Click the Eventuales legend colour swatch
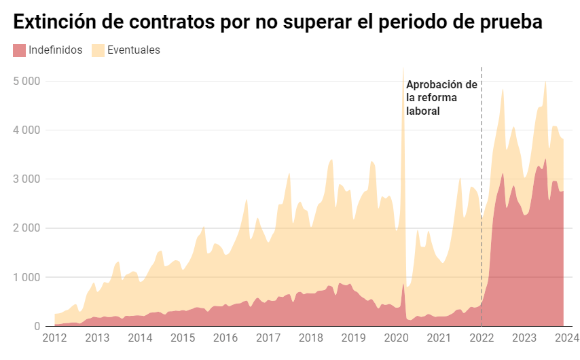pyautogui.click(x=98, y=50)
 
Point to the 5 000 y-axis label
pyautogui.click(x=27, y=81)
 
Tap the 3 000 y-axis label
pyautogui.click(x=27, y=179)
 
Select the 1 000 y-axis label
pyautogui.click(x=27, y=277)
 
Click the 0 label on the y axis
pyautogui.click(x=37, y=327)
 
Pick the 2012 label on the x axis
pyautogui.click(x=54, y=338)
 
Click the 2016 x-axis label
pyautogui.click(x=225, y=338)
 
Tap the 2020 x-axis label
pyautogui.click(x=396, y=338)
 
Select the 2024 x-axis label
pyautogui.click(x=566, y=338)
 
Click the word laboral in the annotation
pyautogui.click(x=423, y=111)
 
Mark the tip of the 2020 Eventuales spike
pyautogui.click(x=403, y=68)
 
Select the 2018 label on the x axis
pyautogui.click(x=311, y=338)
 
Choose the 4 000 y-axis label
pyautogui.click(x=27, y=130)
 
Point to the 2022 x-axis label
pyautogui.click(x=482, y=338)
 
